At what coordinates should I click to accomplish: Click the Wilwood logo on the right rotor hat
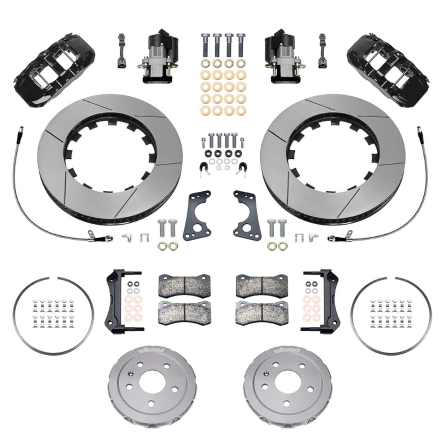pyautogui.click(x=287, y=350)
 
